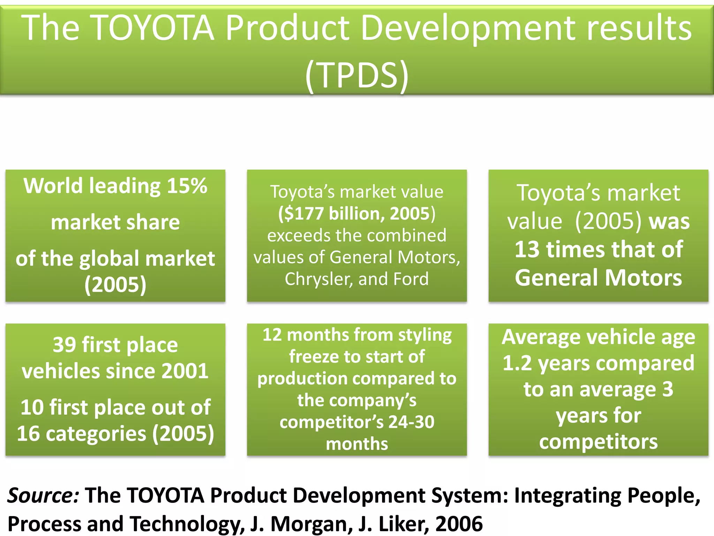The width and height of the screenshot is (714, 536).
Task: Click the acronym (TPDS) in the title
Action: tap(357, 75)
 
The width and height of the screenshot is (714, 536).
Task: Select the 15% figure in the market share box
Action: tap(187, 186)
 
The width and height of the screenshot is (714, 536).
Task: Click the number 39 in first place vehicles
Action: tap(64, 345)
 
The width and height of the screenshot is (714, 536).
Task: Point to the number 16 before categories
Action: tap(28, 434)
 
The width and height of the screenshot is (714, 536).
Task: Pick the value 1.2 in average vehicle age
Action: tap(517, 364)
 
